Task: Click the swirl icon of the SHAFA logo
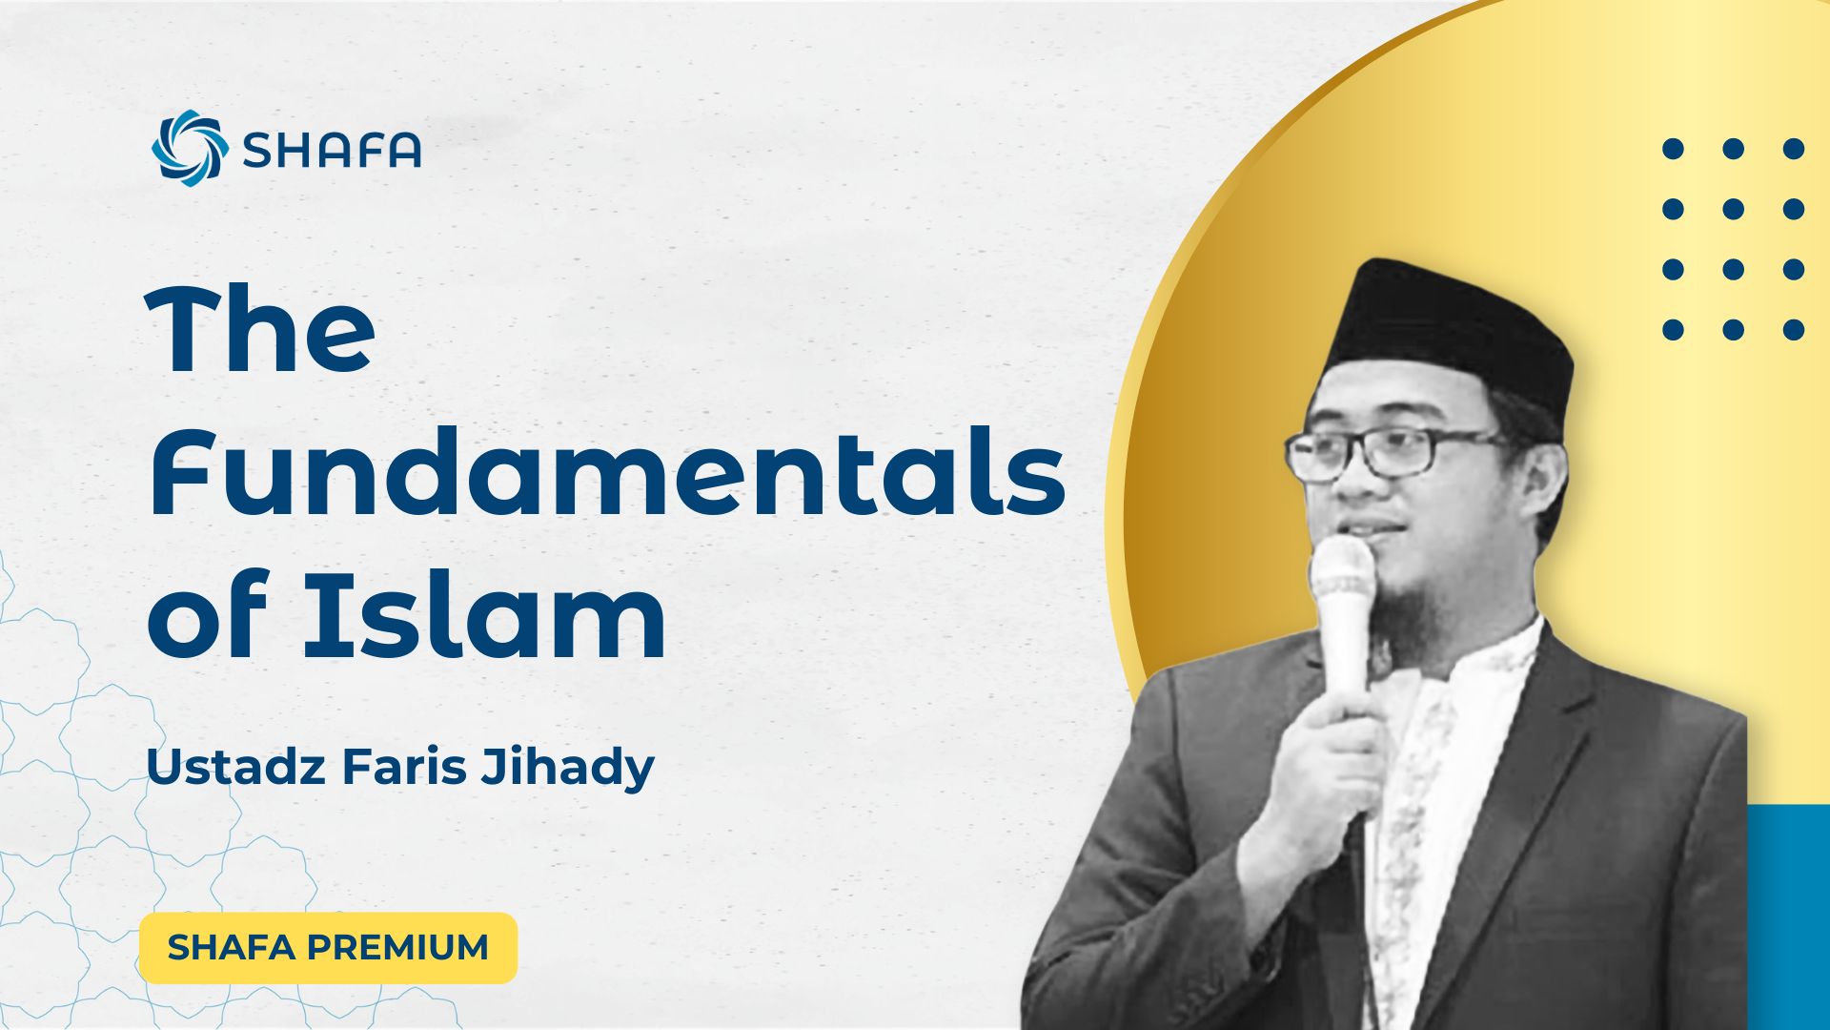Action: (x=190, y=148)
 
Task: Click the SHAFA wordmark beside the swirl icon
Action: (x=332, y=150)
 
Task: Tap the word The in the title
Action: (x=260, y=330)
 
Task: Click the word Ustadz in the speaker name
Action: (x=235, y=767)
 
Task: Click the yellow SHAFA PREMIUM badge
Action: (x=328, y=947)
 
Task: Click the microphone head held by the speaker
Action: (x=1342, y=573)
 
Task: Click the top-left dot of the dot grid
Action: (x=1673, y=149)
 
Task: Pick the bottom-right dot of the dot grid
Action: (x=1794, y=330)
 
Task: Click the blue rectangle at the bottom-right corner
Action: (x=1788, y=916)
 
